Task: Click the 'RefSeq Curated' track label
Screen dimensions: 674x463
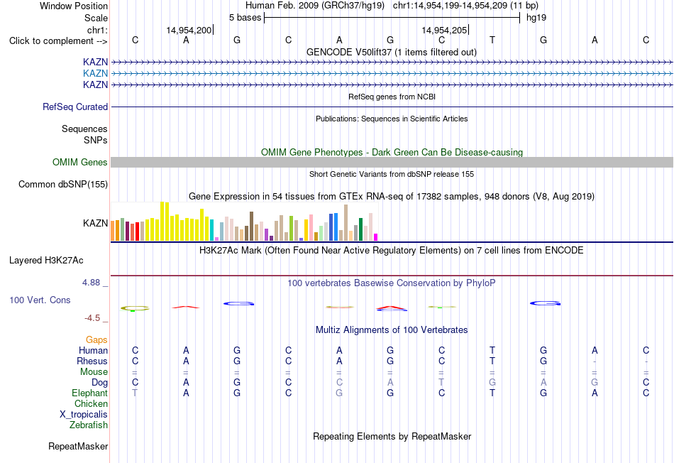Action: tap(75, 107)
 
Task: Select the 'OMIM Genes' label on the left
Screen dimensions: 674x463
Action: tap(80, 162)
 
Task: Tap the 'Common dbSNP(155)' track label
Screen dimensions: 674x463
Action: tap(63, 184)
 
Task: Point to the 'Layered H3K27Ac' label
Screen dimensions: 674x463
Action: tap(46, 261)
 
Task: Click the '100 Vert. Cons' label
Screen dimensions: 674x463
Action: tap(40, 300)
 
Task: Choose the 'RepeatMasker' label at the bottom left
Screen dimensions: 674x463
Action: tap(78, 446)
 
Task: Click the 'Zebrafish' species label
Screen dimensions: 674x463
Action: tap(89, 425)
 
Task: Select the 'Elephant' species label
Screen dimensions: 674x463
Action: tap(90, 393)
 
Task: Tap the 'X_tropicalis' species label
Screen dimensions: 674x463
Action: tap(84, 415)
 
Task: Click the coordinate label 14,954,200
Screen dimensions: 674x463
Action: tap(189, 30)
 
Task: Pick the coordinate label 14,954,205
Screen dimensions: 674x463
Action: tap(444, 30)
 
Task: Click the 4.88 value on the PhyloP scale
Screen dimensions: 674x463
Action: tap(91, 283)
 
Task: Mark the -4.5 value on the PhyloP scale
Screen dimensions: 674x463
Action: tap(92, 318)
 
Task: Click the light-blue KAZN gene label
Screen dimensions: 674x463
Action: tap(96, 73)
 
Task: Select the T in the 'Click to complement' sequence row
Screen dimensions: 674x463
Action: tap(492, 40)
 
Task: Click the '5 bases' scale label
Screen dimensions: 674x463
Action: tap(245, 18)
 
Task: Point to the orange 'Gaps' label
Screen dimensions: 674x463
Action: tap(96, 340)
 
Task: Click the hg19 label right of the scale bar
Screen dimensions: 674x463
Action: tap(536, 18)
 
